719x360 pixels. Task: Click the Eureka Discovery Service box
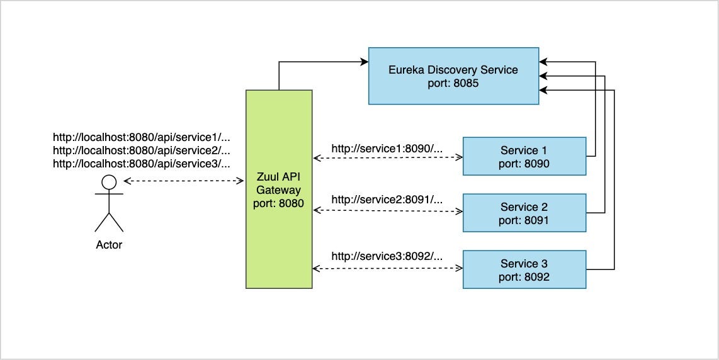453,76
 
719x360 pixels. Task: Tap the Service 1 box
524,156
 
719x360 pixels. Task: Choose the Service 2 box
524,213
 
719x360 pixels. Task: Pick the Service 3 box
524,269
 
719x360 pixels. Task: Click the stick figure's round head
110,183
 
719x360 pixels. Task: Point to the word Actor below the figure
109,244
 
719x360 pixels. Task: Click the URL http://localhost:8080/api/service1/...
142,137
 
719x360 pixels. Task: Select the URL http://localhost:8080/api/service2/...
142,150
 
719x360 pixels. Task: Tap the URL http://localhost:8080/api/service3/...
142,164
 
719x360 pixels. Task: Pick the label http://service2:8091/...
387,200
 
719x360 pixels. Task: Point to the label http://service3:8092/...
387,256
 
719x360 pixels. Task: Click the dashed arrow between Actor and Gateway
184,181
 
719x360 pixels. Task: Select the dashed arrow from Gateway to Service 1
387,156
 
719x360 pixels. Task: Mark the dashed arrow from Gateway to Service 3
387,269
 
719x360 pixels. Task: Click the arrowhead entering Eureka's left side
365,62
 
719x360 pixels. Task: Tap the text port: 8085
453,82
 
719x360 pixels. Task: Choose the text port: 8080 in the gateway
279,203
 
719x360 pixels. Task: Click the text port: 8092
524,276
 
